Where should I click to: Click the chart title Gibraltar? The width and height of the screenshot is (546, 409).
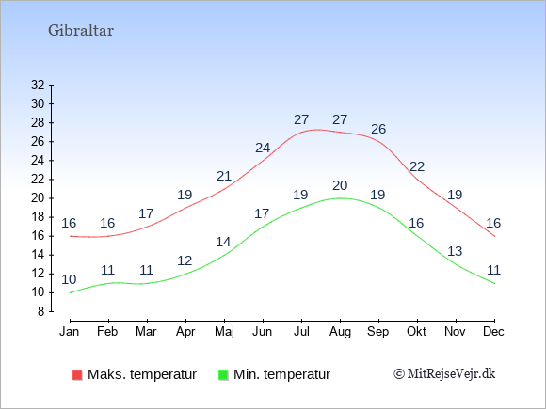[81, 31]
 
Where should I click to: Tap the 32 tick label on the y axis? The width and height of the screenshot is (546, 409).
[38, 85]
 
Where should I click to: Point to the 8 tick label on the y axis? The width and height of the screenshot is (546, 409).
[41, 311]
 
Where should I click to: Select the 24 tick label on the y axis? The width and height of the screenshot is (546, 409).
[38, 161]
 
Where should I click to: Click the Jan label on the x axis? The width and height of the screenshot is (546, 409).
[70, 332]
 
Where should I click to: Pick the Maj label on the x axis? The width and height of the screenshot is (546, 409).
[224, 332]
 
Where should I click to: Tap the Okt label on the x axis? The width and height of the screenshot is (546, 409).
[417, 332]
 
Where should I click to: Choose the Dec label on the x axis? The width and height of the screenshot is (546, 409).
[494, 332]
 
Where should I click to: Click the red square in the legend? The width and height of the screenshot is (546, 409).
[77, 375]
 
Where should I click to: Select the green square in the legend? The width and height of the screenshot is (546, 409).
[223, 375]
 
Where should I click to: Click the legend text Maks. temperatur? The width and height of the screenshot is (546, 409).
[142, 374]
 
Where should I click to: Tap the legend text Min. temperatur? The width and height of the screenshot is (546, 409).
[281, 374]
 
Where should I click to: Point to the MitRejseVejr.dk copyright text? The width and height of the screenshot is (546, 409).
[444, 374]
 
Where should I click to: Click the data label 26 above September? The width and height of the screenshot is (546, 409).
[378, 129]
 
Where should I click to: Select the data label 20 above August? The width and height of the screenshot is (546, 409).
[340, 185]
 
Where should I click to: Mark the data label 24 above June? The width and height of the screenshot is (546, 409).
[263, 148]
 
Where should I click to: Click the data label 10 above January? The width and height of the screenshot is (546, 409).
[69, 279]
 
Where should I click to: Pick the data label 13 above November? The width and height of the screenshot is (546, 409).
[455, 251]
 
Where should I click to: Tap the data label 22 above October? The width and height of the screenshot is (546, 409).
[417, 167]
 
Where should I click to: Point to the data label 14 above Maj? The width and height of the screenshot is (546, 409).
[223, 242]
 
